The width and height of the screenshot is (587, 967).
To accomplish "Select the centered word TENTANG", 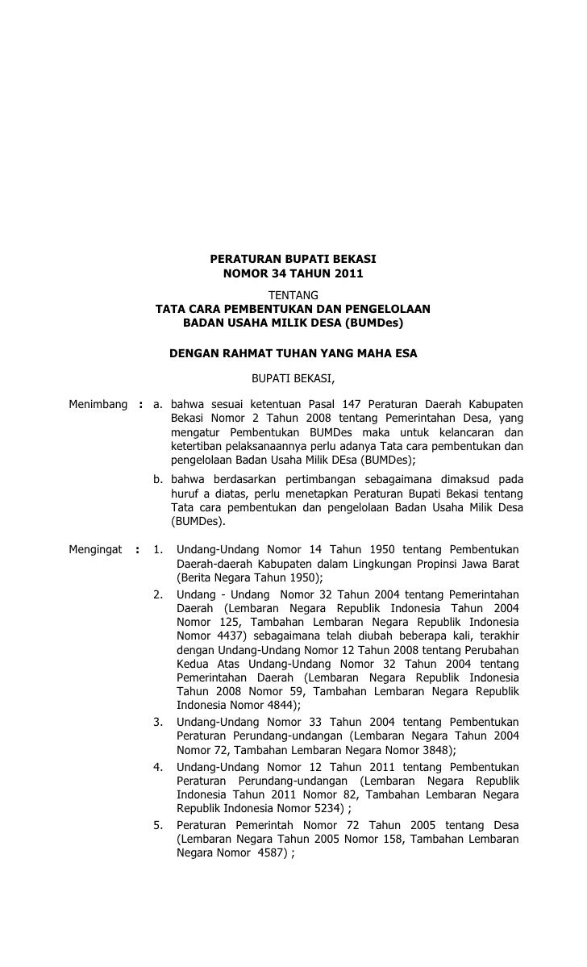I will pyautogui.click(x=293, y=294).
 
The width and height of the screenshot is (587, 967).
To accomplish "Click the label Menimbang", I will pyautogui.click(x=96, y=403).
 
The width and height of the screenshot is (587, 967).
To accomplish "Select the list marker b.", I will pyautogui.click(x=159, y=479).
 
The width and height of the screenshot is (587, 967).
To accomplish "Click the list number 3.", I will pyautogui.click(x=159, y=721).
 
